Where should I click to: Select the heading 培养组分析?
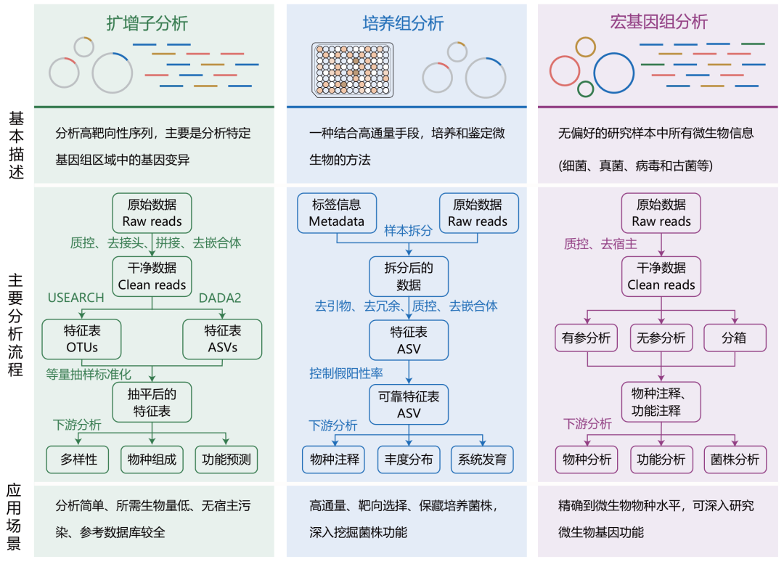point(403,23)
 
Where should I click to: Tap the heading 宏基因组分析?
point(659,23)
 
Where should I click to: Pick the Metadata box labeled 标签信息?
point(336,213)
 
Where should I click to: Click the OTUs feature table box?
point(81,338)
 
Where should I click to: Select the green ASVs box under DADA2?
point(222,338)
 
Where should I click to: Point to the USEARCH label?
point(76,298)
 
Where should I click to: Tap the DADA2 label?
point(221,298)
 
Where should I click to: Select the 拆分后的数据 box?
point(409,277)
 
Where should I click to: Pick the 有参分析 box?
point(586,338)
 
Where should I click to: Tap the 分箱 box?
point(734,338)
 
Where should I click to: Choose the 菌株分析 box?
point(735,460)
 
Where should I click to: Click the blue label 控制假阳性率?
point(346,373)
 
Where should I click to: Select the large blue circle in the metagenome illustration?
point(615,73)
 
